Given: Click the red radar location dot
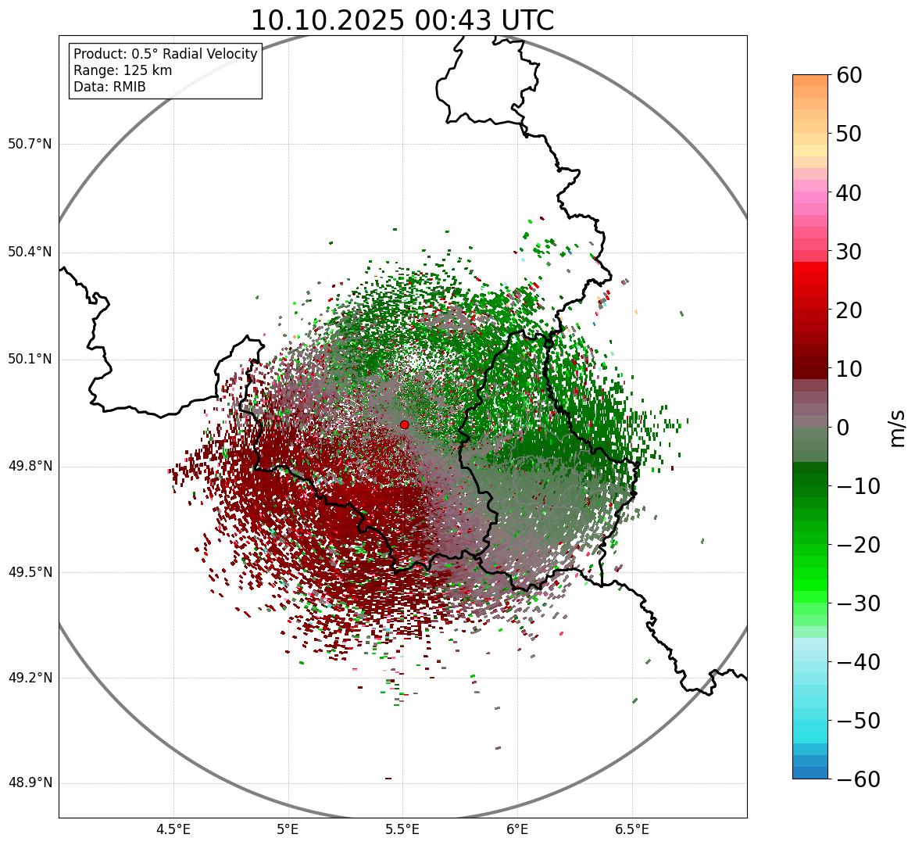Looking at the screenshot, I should coord(404,424).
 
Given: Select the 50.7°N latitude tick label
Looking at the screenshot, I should coord(30,145).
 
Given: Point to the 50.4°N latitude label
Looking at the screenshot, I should coord(30,252).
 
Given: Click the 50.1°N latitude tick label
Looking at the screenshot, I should coord(30,360).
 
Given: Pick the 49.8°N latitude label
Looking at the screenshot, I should coord(30,467).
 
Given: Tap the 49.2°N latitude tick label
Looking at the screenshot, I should coord(30,678).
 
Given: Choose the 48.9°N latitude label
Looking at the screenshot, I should coord(30,783).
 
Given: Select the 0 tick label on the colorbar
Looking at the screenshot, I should coord(843,428).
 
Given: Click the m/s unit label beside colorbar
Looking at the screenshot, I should coord(897,428).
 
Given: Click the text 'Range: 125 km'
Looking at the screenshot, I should coord(123,70).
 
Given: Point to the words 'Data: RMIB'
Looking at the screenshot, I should coord(109,87).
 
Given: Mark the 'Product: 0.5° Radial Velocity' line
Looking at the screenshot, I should coord(165,54).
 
